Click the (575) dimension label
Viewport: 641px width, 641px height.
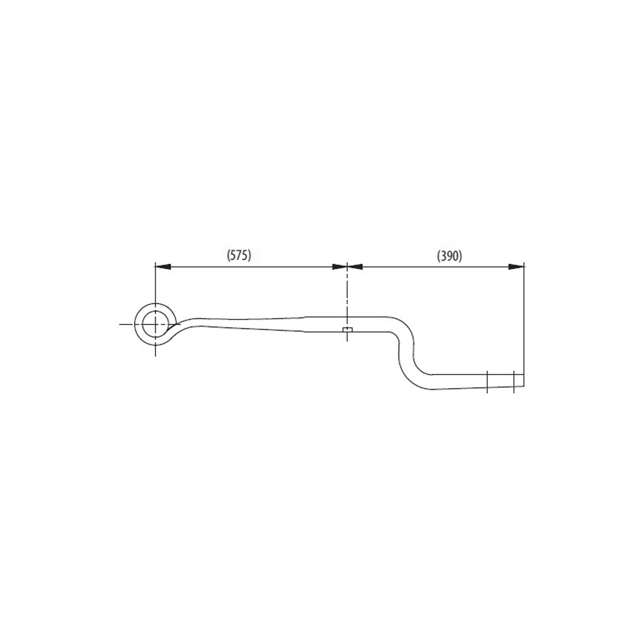coord(238,255)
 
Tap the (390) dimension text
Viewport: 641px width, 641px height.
coord(450,256)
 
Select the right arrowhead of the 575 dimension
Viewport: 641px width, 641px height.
coord(339,267)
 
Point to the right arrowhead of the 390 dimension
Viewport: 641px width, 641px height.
coord(516,267)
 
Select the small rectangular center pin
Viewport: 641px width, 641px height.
coord(347,329)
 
